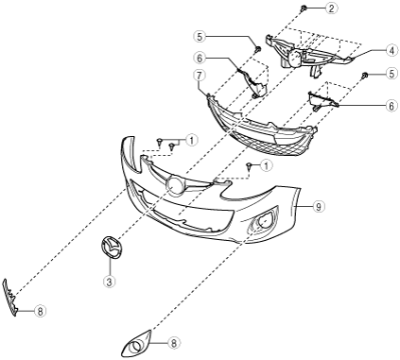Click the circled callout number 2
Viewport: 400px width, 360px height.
coord(331,9)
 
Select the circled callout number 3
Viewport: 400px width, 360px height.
coord(109,282)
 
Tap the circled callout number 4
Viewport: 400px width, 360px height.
coord(391,50)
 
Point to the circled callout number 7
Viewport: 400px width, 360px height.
coord(200,76)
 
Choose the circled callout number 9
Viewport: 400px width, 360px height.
coord(319,207)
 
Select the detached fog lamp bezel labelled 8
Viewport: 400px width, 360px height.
coord(137,344)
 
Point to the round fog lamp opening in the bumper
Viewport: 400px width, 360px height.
coord(265,222)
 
